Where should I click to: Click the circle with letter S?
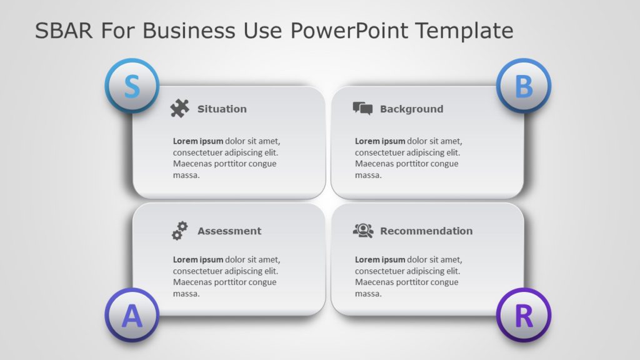(x=131, y=86)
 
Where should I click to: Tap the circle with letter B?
(x=523, y=86)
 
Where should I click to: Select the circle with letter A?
(x=131, y=316)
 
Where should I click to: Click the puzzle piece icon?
(x=179, y=109)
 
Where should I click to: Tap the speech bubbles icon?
(x=362, y=109)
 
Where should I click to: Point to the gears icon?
(x=180, y=231)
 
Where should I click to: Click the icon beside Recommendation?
(x=362, y=231)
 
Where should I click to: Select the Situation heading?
(x=222, y=109)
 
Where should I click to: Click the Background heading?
(x=411, y=109)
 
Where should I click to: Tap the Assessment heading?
(x=229, y=231)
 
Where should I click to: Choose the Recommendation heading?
(x=426, y=231)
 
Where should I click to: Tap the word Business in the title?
(x=182, y=30)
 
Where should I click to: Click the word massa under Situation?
(x=186, y=175)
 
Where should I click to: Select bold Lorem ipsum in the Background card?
(x=380, y=141)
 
